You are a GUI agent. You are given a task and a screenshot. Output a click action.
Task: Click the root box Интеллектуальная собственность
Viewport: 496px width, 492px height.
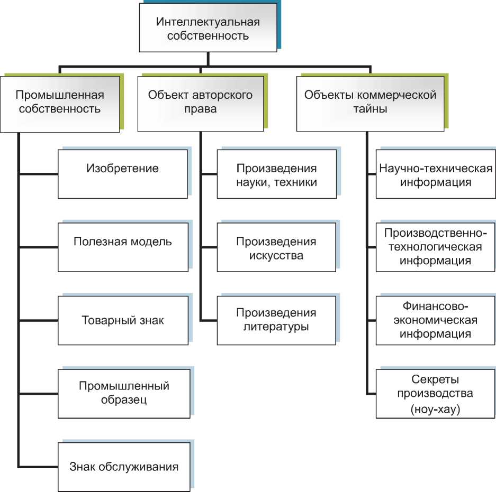(x=208, y=30)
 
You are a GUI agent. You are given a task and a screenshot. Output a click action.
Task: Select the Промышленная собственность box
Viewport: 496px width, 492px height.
(x=60, y=103)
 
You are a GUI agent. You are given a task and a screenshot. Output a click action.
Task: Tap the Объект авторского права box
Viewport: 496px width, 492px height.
(x=200, y=103)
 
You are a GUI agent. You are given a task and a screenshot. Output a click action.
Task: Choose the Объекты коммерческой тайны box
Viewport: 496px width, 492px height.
(x=370, y=103)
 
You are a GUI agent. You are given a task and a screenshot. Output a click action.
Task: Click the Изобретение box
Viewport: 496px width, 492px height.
(x=122, y=174)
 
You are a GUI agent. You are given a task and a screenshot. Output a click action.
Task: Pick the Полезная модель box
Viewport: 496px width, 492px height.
(x=122, y=247)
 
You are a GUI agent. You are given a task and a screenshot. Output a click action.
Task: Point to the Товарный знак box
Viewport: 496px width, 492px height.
(x=122, y=320)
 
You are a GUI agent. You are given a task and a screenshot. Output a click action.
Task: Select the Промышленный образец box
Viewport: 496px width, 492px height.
(x=124, y=393)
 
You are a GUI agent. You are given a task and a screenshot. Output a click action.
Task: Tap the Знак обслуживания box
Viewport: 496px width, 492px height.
(x=124, y=467)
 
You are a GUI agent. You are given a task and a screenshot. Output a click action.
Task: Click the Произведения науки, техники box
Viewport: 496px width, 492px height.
(x=276, y=174)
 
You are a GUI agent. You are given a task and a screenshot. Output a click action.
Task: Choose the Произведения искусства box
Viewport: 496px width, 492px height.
(x=276, y=247)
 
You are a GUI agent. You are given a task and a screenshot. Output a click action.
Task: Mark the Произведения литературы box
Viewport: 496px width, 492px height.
(x=276, y=320)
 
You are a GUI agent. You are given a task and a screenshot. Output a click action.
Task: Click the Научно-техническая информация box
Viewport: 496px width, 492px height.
(x=436, y=174)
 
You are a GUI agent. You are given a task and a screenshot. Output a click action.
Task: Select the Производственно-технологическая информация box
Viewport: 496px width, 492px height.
(x=436, y=247)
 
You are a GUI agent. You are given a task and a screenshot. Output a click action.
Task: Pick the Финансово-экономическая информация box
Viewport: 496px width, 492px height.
(x=436, y=320)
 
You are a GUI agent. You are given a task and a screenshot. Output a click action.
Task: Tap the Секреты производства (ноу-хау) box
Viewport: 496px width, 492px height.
(x=436, y=394)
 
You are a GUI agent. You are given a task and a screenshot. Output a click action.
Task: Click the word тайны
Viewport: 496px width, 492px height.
(x=371, y=110)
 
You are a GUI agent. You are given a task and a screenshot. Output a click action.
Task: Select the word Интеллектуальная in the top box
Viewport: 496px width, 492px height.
(x=208, y=23)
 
